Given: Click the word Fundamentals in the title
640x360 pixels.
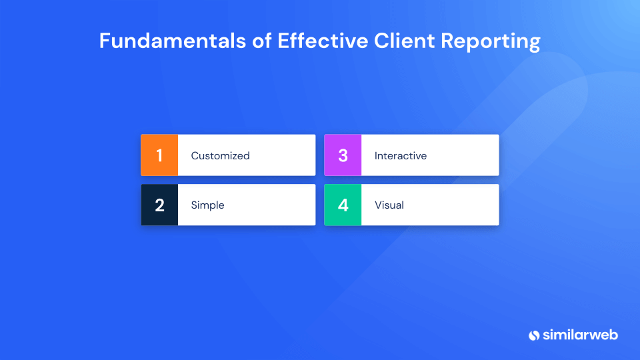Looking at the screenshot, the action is tap(173, 41).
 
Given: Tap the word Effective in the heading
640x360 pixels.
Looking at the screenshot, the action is tap(323, 41).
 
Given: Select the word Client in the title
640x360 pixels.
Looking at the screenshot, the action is tap(404, 41).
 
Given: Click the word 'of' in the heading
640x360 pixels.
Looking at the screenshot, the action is tap(261, 41).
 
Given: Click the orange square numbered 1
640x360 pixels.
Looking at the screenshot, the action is tap(159, 155).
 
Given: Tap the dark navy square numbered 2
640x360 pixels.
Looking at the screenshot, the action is tap(159, 205).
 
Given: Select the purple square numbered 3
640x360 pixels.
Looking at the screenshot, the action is tap(343, 155).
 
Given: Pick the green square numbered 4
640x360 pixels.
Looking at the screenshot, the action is tap(343, 205).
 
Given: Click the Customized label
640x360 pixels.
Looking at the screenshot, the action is tap(221, 155).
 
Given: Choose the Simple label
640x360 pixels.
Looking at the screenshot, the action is tap(208, 205).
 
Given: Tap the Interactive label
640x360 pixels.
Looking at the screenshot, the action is tap(401, 155).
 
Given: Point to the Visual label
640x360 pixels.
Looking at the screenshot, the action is tap(389, 205).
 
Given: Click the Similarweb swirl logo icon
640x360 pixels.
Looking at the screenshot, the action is tap(534, 335).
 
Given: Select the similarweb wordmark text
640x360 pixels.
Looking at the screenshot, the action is tap(580, 335).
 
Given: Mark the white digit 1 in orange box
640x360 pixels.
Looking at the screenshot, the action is tap(159, 155).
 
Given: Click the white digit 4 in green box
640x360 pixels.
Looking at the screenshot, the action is tap(343, 205).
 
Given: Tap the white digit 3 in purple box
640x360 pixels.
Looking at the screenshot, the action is tap(343, 155).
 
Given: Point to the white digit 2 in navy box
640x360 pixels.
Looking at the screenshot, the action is tap(159, 205).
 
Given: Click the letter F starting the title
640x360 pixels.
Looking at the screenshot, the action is tap(105, 41).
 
